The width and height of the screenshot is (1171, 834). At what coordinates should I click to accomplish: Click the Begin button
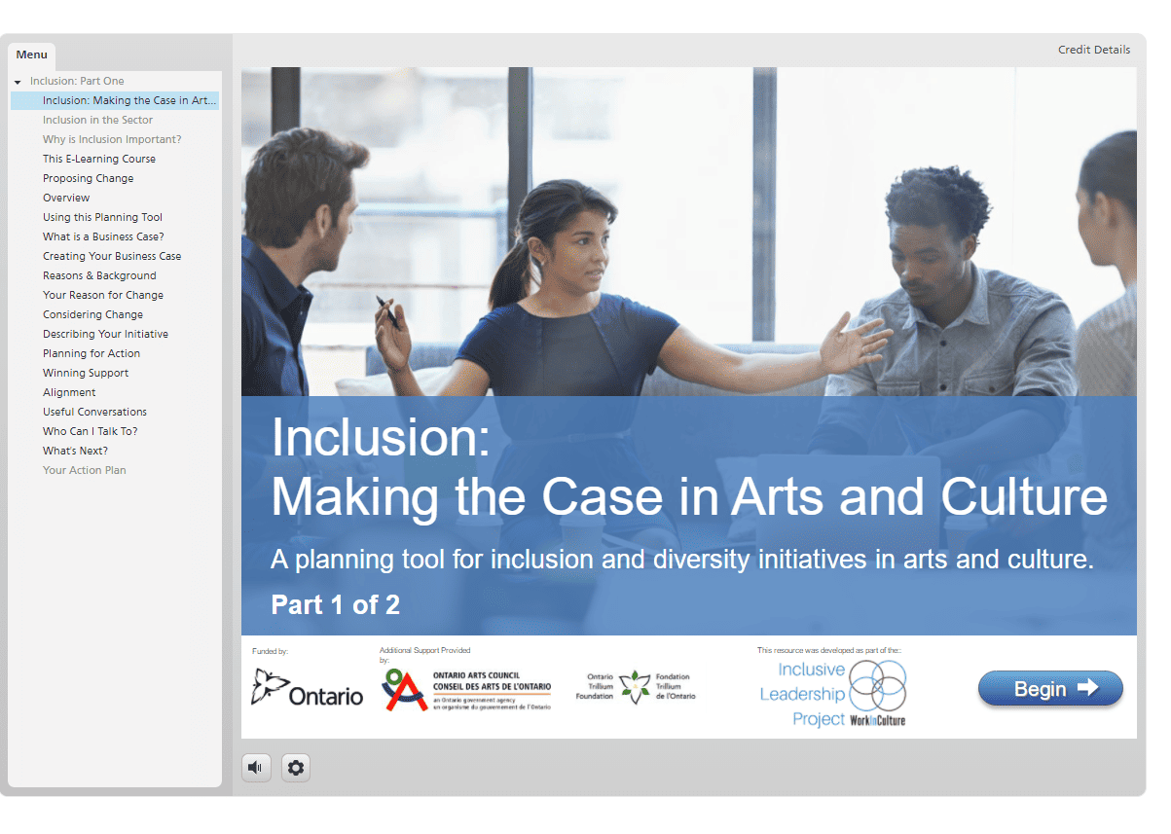pos(1050,688)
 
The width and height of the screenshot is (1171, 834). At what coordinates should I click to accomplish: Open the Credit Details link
pos(1094,50)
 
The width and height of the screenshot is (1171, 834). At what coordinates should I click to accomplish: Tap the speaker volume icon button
pos(256,767)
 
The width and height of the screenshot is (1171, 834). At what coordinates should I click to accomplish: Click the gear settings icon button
pos(295,767)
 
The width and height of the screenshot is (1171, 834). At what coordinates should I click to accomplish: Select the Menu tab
pos(31,54)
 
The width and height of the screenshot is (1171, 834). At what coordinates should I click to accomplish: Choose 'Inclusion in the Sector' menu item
pos(97,120)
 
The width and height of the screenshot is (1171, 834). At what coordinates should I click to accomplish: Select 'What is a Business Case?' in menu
pos(103,236)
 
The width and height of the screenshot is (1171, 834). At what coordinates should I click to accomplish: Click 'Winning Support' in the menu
pos(86,373)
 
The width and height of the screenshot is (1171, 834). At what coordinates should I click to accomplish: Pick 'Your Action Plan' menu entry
pos(84,470)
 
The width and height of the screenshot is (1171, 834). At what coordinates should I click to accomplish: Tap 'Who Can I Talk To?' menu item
pos(90,431)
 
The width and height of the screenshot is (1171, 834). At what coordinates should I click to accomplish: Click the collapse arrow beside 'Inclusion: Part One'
pos(18,82)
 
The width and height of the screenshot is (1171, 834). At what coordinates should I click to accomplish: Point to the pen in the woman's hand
pos(387,312)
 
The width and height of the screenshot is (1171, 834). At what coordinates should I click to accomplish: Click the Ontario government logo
pos(307,689)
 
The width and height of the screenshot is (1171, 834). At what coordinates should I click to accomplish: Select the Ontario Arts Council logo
pos(466,690)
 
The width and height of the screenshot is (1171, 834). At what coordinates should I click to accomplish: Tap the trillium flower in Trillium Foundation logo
pos(635,687)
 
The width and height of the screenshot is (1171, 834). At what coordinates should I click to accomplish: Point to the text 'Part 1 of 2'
pos(335,604)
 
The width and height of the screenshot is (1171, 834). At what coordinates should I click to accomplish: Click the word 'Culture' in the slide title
pos(1024,496)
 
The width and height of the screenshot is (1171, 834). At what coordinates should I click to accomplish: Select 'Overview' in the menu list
pos(66,198)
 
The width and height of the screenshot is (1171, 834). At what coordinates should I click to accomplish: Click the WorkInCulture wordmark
pos(877,720)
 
